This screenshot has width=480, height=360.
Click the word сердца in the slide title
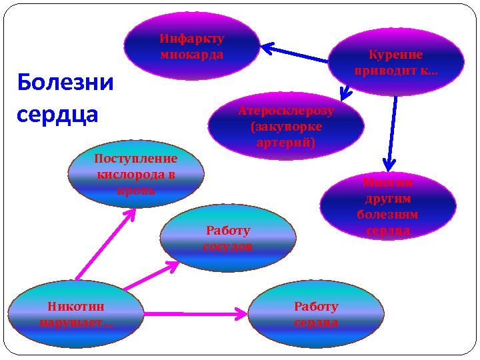57,113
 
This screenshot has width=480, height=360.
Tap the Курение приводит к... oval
396,62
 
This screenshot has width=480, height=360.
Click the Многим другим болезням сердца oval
387,206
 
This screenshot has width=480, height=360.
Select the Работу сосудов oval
228,239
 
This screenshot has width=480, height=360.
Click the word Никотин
76,307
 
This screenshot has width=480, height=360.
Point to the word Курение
396,55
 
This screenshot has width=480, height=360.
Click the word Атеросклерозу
286,111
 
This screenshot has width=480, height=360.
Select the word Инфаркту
192,39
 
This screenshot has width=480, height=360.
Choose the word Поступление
136,159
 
